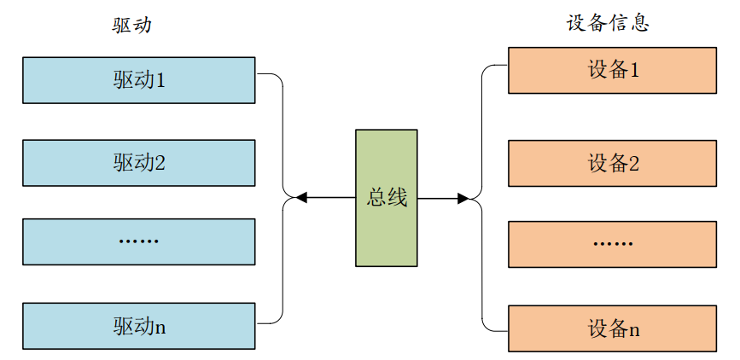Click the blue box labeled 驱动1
click(x=138, y=80)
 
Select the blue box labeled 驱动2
click(x=138, y=162)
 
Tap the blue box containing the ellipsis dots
click(x=138, y=241)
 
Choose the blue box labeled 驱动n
click(x=138, y=325)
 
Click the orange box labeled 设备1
click(x=612, y=70)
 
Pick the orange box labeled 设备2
click(x=612, y=163)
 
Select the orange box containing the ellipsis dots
click(x=612, y=243)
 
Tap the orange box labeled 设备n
click(x=612, y=328)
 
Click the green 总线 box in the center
click(x=387, y=198)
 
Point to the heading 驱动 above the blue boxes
click(x=131, y=25)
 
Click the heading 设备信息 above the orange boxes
click(x=608, y=23)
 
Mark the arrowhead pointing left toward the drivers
click(x=300, y=198)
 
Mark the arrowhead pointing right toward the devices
click(x=463, y=198)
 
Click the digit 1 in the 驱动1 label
click(x=160, y=80)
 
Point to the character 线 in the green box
click(x=397, y=198)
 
